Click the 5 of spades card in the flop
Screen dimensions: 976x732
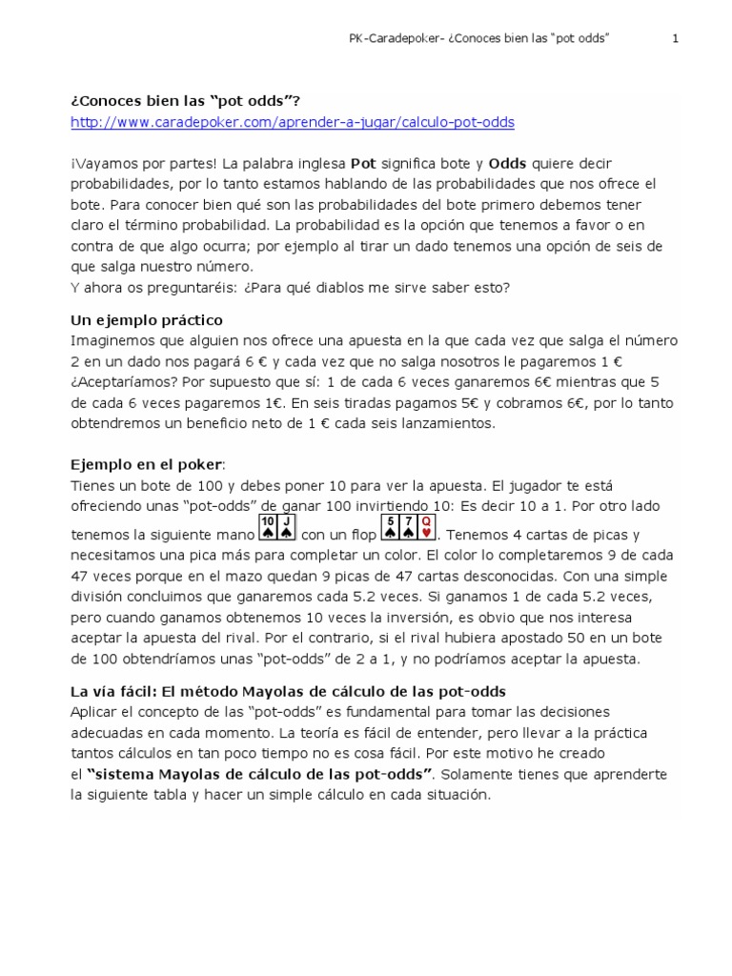coord(389,527)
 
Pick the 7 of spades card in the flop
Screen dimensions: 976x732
coord(408,527)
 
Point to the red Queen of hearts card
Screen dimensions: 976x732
coord(427,527)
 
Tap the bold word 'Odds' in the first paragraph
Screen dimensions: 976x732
coord(507,164)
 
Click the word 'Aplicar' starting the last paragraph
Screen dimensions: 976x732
coord(95,712)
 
